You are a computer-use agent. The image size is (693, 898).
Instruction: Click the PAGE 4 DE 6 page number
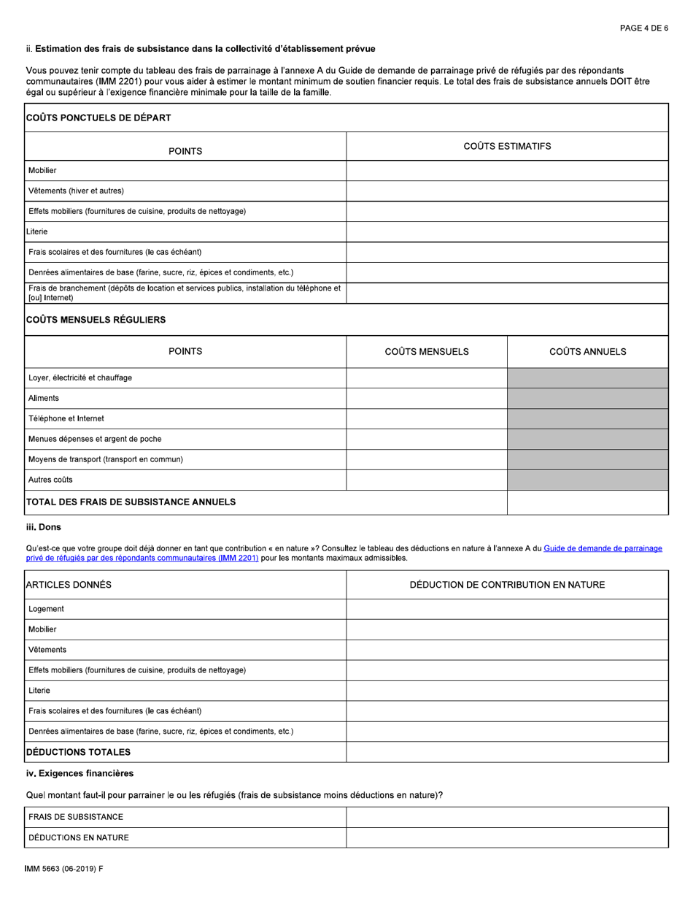click(x=643, y=28)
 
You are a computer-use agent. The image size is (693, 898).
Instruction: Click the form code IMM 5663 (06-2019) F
click(x=69, y=871)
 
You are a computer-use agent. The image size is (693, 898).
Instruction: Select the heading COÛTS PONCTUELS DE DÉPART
click(x=98, y=118)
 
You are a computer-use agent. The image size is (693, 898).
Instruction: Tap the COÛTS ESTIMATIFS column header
click(x=507, y=146)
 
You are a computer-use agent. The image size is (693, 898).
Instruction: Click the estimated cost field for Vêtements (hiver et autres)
click(x=507, y=191)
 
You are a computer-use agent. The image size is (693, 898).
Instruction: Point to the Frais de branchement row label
click(x=184, y=293)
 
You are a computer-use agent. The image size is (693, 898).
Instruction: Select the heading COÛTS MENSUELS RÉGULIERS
click(x=96, y=320)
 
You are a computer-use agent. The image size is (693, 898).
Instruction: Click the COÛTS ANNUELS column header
click(x=587, y=352)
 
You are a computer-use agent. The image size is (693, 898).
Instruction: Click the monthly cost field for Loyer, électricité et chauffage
click(x=426, y=378)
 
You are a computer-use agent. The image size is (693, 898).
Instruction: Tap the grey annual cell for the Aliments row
click(x=587, y=399)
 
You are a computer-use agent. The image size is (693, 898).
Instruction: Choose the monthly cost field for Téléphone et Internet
click(x=426, y=419)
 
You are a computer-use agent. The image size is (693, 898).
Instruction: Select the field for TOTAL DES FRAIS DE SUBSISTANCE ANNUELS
click(x=587, y=502)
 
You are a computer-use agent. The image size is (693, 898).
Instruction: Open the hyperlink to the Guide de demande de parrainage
click(x=603, y=548)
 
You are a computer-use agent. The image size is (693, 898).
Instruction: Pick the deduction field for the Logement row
click(x=507, y=609)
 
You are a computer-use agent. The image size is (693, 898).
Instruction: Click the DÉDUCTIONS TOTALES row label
click(x=79, y=752)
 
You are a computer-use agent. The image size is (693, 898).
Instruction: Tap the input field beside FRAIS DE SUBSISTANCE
click(x=507, y=817)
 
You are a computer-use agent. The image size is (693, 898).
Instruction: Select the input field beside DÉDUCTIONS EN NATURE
click(x=507, y=837)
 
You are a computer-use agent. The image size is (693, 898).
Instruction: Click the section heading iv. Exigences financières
click(x=80, y=773)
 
